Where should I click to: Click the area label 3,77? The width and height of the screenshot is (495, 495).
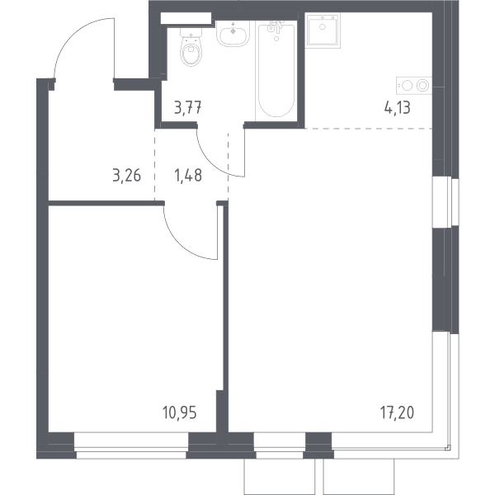tap(188, 107)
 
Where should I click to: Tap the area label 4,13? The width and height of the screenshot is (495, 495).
tap(397, 107)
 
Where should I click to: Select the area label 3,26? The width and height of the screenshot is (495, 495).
tap(126, 176)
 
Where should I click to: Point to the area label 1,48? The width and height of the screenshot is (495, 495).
tap(188, 176)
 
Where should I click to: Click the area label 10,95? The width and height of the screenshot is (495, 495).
tap(180, 412)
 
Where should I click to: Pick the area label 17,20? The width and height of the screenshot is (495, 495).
tap(397, 412)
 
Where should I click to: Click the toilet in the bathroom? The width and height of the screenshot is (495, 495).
tap(191, 47)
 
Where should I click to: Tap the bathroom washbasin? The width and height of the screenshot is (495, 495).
tap(233, 34)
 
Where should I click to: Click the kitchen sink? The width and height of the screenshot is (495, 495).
tap(323, 31)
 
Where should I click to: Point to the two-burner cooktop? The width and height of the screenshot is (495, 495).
tap(414, 86)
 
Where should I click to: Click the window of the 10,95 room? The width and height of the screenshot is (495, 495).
tap(131, 445)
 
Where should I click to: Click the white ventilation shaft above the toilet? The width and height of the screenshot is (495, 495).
tap(186, 18)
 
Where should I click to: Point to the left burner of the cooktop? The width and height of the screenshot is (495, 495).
tap(408, 86)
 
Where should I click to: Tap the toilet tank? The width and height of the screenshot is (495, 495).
tap(191, 32)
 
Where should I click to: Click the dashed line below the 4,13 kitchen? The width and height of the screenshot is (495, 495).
tap(369, 129)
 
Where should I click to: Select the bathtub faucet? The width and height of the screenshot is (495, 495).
tap(276, 27)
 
